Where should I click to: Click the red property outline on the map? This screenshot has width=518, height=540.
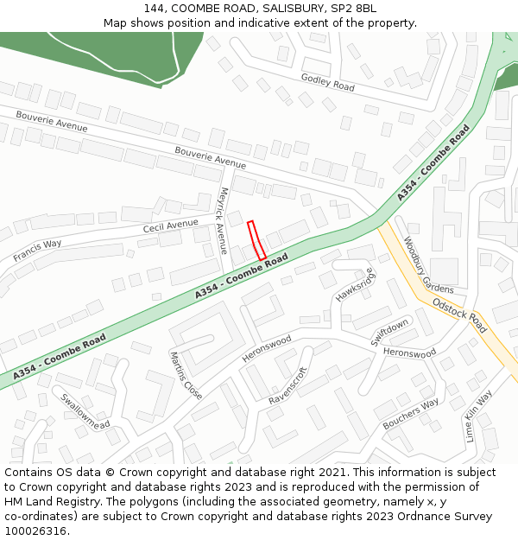point(256,240)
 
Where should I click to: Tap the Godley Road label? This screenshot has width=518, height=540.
point(327,82)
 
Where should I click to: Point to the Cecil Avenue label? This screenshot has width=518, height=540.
point(171,226)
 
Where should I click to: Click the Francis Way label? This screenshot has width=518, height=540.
point(37,251)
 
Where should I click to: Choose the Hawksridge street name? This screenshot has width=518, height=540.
point(356,284)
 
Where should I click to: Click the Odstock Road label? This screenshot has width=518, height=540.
point(459,316)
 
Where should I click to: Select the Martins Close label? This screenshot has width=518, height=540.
point(186,375)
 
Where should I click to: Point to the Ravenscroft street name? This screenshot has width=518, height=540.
point(288,386)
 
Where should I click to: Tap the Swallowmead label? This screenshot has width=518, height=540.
point(85,412)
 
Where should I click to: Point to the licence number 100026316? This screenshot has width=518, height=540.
point(37,531)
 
